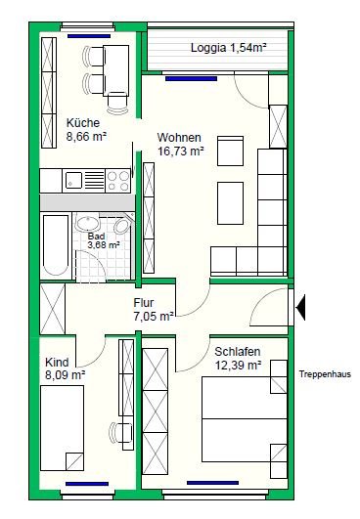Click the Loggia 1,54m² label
pyautogui.click(x=229, y=48)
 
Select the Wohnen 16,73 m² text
pyautogui.click(x=180, y=145)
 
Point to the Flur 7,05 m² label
pyautogui.click(x=154, y=310)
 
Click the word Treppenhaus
pyautogui.click(x=325, y=374)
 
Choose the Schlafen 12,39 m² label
pyautogui.click(x=238, y=359)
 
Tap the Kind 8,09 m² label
pyautogui.click(x=65, y=368)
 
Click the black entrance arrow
pyautogui.click(x=300, y=308)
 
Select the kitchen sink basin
pyautogui.click(x=73, y=181)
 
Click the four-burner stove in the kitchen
pyautogui.click(x=118, y=181)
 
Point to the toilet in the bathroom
pyautogui.click(x=122, y=225)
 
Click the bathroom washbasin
pyautogui.click(x=87, y=223)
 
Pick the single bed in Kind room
pyautogui.click(x=62, y=427)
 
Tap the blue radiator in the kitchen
pyautogui.click(x=89, y=36)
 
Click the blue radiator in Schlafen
pyautogui.click(x=212, y=483)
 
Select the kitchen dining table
pyautogui.click(x=115, y=70)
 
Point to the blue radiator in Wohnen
pyautogui.click(x=191, y=79)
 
